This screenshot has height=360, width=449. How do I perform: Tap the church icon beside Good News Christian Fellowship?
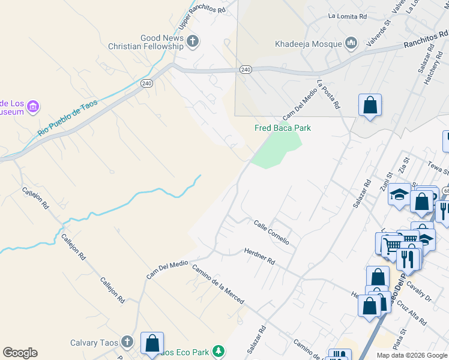coord(193,41)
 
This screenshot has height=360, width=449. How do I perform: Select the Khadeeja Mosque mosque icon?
coord(351,43)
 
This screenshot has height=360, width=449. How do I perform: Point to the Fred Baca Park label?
coord(283,128)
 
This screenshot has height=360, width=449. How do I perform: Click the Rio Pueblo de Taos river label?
coord(67,117)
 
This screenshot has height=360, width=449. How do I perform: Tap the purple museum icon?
coord(34,107)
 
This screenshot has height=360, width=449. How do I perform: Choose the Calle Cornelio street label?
coord(271,232)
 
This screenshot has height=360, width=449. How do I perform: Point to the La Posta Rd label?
coord(329,94)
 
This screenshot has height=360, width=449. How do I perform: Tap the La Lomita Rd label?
coord(347,17)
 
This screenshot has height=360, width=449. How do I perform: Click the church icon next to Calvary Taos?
coord(127,342)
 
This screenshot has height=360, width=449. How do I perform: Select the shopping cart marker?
coord(391,245)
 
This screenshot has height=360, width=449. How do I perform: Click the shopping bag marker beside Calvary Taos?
coord(152,343)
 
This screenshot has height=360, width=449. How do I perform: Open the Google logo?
coord(20,353)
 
